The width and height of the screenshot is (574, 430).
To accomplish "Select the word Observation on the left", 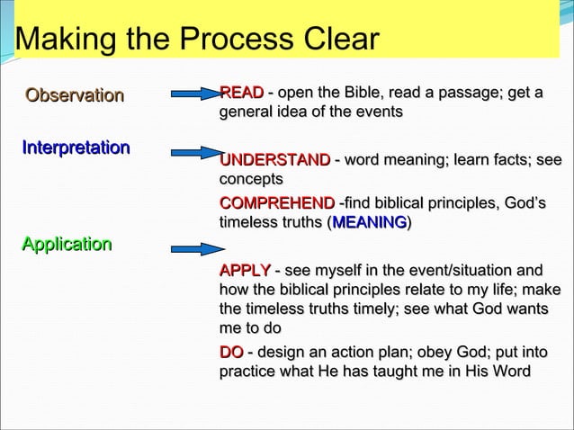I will pyautogui.click(x=75, y=94).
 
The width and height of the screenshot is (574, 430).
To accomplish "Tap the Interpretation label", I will pyautogui.click(x=76, y=147).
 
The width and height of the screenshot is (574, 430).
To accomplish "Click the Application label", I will pyautogui.click(x=67, y=244).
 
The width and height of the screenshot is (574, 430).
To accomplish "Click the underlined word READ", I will pyautogui.click(x=241, y=93).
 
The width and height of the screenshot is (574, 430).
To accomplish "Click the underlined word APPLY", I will pyautogui.click(x=245, y=271).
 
